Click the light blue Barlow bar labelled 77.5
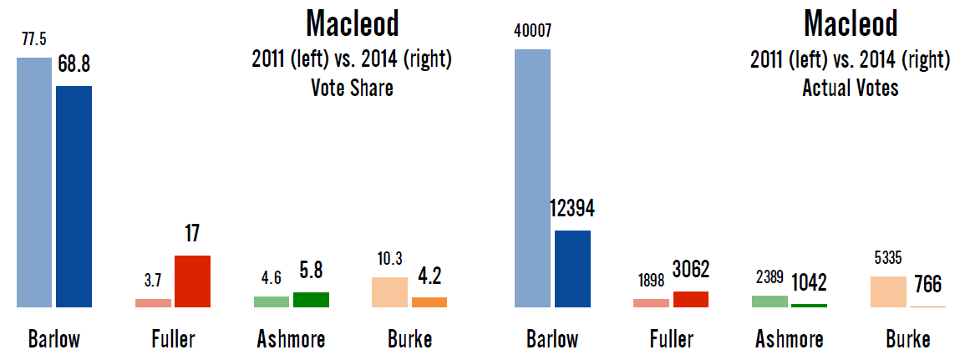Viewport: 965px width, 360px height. (x=34, y=182)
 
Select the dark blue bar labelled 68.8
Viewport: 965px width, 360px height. (x=74, y=196)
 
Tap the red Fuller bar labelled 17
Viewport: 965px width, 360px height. (x=192, y=281)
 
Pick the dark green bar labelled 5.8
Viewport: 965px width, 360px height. (x=311, y=300)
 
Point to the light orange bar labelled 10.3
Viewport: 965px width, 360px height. (x=389, y=292)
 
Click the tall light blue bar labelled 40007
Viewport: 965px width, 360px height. (x=532, y=178)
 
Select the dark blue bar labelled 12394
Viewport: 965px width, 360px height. (x=572, y=269)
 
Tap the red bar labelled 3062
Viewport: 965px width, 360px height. (x=691, y=299)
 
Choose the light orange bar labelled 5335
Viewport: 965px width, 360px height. (x=888, y=292)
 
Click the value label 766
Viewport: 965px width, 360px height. (x=927, y=285)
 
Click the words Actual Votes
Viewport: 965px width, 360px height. (x=851, y=88)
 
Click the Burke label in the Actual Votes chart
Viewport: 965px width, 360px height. (x=907, y=340)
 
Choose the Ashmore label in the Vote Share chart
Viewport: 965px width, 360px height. (x=290, y=340)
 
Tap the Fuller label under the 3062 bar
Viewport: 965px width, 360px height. (x=672, y=340)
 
